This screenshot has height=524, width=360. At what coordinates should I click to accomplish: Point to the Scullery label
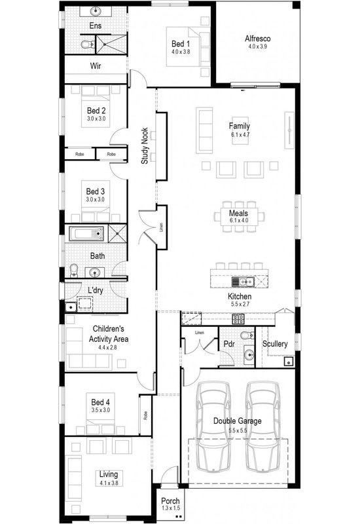[274, 343]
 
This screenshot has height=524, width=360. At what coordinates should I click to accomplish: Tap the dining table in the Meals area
[238, 214]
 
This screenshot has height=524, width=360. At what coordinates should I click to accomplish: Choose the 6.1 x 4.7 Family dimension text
[240, 134]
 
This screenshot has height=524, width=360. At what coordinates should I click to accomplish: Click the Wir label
[95, 66]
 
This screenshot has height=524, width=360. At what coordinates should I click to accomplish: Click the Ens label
[96, 26]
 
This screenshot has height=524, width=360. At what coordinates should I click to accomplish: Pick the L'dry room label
[95, 290]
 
